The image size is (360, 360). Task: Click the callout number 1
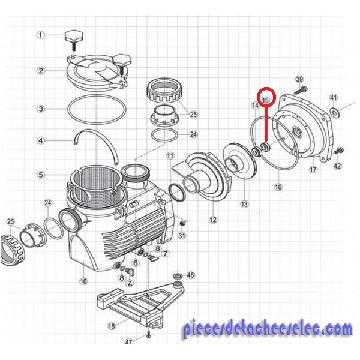tap(41, 35)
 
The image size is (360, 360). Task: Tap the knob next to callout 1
tap(73, 40)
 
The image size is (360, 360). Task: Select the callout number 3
tap(41, 109)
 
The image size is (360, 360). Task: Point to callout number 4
tap(41, 140)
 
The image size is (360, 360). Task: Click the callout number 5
tap(41, 175)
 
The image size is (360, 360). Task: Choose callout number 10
tap(83, 281)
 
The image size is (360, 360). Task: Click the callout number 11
tap(170, 156)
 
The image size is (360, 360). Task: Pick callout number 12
tap(213, 220)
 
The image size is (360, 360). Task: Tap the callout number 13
tap(244, 204)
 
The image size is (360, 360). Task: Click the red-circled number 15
tap(266, 100)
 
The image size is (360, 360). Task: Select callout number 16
tap(278, 187)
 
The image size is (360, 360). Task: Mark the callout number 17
tap(313, 170)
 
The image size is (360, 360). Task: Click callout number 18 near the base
tap(112, 326)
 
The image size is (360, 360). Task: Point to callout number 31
tap(182, 236)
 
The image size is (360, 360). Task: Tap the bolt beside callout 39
tap(300, 90)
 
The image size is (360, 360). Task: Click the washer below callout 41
tap(335, 113)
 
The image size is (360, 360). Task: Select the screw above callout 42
tap(338, 151)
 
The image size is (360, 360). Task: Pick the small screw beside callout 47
tap(148, 335)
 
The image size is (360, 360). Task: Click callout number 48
tap(191, 275)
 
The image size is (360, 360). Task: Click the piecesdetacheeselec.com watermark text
tap(268, 329)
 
